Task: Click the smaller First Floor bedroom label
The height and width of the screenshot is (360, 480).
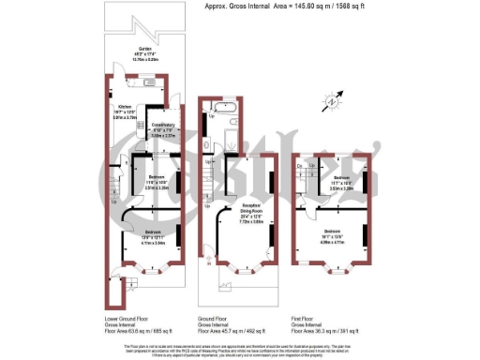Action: pos(340,181)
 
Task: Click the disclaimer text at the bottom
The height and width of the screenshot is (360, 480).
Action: pos(239,351)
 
